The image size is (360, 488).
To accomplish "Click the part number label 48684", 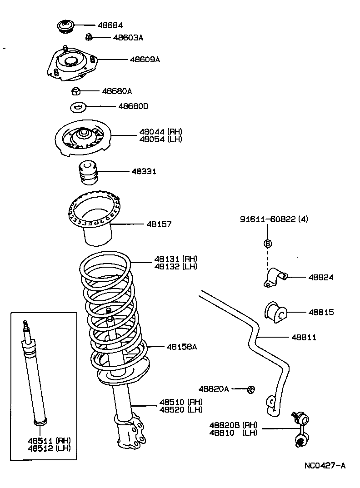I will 110,25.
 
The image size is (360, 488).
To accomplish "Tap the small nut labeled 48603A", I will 90,37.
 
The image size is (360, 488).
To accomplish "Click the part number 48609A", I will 145,60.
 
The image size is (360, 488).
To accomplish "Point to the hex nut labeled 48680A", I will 76,91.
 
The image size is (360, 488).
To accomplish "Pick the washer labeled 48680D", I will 78,107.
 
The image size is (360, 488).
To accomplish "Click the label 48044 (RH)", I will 160,132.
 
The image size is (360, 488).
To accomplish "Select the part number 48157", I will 159,224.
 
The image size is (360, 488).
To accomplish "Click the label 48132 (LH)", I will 175,266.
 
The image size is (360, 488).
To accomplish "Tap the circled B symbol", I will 268,244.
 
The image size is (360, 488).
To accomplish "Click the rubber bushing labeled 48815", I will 275,313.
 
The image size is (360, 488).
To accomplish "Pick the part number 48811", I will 304,337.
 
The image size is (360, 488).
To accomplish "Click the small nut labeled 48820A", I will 250,389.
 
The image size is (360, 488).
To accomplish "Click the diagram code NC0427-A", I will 325,466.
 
